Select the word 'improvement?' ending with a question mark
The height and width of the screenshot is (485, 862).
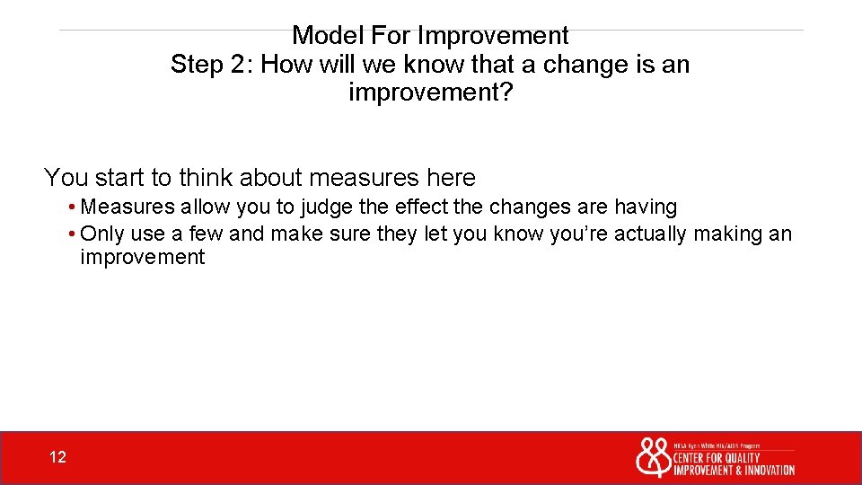430,93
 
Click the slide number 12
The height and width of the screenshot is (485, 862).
57,458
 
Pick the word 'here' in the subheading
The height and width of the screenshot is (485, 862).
452,178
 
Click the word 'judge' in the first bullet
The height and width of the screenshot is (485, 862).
327,207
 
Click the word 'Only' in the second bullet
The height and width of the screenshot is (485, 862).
101,234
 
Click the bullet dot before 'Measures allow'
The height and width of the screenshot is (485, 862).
71,207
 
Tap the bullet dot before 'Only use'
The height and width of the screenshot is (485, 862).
71,234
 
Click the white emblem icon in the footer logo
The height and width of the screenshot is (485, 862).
653,457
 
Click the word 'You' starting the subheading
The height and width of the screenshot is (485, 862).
66,178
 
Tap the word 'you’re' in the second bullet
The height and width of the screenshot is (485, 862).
577,234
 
